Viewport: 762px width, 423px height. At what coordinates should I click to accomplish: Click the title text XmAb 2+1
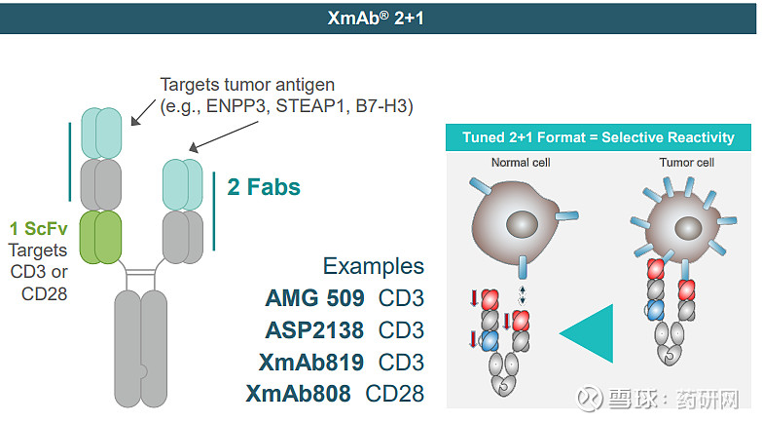(x=376, y=18)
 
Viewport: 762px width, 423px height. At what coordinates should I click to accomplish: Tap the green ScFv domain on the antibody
(x=100, y=237)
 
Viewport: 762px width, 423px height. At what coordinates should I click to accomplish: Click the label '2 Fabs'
(x=264, y=187)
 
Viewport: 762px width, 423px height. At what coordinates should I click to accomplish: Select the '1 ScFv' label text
(x=38, y=228)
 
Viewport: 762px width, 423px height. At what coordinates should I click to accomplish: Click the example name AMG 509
(x=314, y=298)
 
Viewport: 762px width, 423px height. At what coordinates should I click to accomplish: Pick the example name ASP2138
(x=314, y=330)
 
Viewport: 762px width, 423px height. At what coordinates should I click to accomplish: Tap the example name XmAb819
(x=311, y=363)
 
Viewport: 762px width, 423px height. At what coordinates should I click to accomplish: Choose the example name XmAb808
(x=298, y=394)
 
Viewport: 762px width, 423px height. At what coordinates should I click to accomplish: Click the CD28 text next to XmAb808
(x=394, y=394)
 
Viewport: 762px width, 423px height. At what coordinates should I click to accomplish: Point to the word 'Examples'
(x=374, y=266)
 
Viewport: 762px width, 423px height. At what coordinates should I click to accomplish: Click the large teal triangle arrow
(x=587, y=333)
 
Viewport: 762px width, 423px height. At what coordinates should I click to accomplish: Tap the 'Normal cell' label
(x=521, y=163)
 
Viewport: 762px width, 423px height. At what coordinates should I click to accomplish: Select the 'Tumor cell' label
(x=686, y=163)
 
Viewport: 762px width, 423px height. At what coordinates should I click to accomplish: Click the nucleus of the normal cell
(x=523, y=224)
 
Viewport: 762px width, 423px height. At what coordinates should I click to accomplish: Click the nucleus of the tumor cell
(x=688, y=228)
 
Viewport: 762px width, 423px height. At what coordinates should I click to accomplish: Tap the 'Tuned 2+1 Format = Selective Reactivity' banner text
(x=599, y=137)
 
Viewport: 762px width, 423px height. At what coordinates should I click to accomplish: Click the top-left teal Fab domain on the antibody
(x=101, y=133)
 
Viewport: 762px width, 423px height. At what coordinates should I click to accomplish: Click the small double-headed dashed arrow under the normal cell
(x=523, y=295)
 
